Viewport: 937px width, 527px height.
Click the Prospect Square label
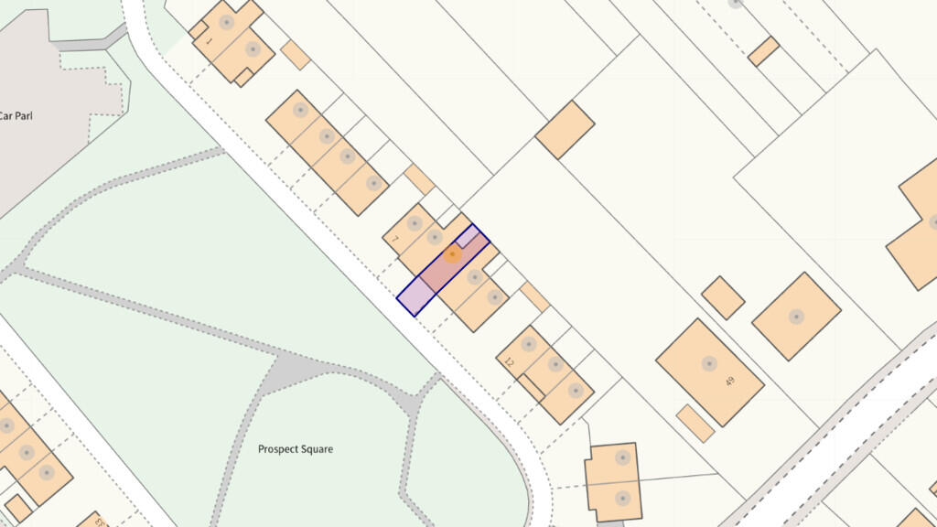click(x=295, y=449)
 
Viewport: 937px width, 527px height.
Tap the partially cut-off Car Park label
click(x=16, y=116)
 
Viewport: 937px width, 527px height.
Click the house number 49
click(x=729, y=381)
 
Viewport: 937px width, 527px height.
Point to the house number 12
click(x=510, y=362)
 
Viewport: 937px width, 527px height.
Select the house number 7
click(x=394, y=240)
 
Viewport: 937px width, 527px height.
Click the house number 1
click(x=208, y=41)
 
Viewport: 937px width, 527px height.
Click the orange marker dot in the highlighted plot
click(x=451, y=254)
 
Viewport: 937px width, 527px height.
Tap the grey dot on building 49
click(x=709, y=363)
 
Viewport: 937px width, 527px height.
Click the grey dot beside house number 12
click(x=528, y=345)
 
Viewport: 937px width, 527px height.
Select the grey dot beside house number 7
click(x=415, y=222)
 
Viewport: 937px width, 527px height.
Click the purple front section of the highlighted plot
click(x=416, y=295)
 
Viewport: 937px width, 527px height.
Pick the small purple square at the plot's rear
click(x=468, y=237)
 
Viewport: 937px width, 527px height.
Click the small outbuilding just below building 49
click(x=695, y=423)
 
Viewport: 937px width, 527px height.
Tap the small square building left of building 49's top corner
click(x=723, y=297)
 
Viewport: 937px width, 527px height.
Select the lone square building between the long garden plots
click(x=565, y=130)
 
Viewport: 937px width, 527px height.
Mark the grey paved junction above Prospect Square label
click(x=302, y=370)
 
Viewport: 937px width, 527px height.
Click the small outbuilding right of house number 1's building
click(x=295, y=55)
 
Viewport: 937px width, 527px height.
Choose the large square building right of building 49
click(x=796, y=317)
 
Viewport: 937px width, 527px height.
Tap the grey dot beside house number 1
click(x=226, y=22)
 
